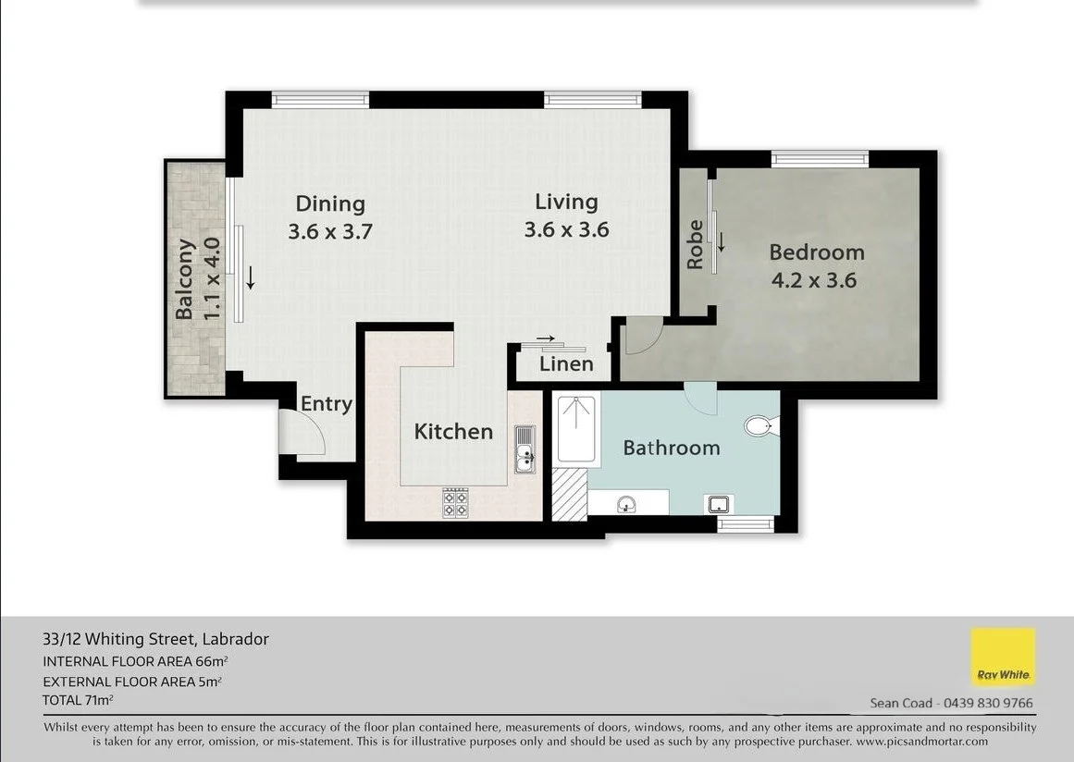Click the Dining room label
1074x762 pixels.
[x=330, y=203]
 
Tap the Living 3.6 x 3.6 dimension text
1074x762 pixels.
[x=566, y=229]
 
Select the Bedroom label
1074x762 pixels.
[x=817, y=252]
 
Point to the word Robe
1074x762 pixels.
[x=695, y=244]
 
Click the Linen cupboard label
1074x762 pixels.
[x=566, y=363]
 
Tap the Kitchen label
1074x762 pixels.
[x=453, y=431]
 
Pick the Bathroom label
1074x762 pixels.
[x=672, y=448]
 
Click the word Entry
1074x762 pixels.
[x=326, y=404]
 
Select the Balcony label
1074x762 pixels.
[x=184, y=278]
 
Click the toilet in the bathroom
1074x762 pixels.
[x=761, y=425]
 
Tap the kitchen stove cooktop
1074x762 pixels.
[x=455, y=502]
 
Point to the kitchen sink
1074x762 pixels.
[x=525, y=449]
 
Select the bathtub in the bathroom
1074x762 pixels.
[x=576, y=428]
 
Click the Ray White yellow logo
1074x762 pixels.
[x=1004, y=657]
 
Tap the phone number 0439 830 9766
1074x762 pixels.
[x=988, y=703]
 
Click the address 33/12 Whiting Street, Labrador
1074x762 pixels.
[x=155, y=639]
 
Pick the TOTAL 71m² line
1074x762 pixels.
[x=78, y=700]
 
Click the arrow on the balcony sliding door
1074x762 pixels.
[x=251, y=277]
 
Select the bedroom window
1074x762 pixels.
[x=820, y=159]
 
